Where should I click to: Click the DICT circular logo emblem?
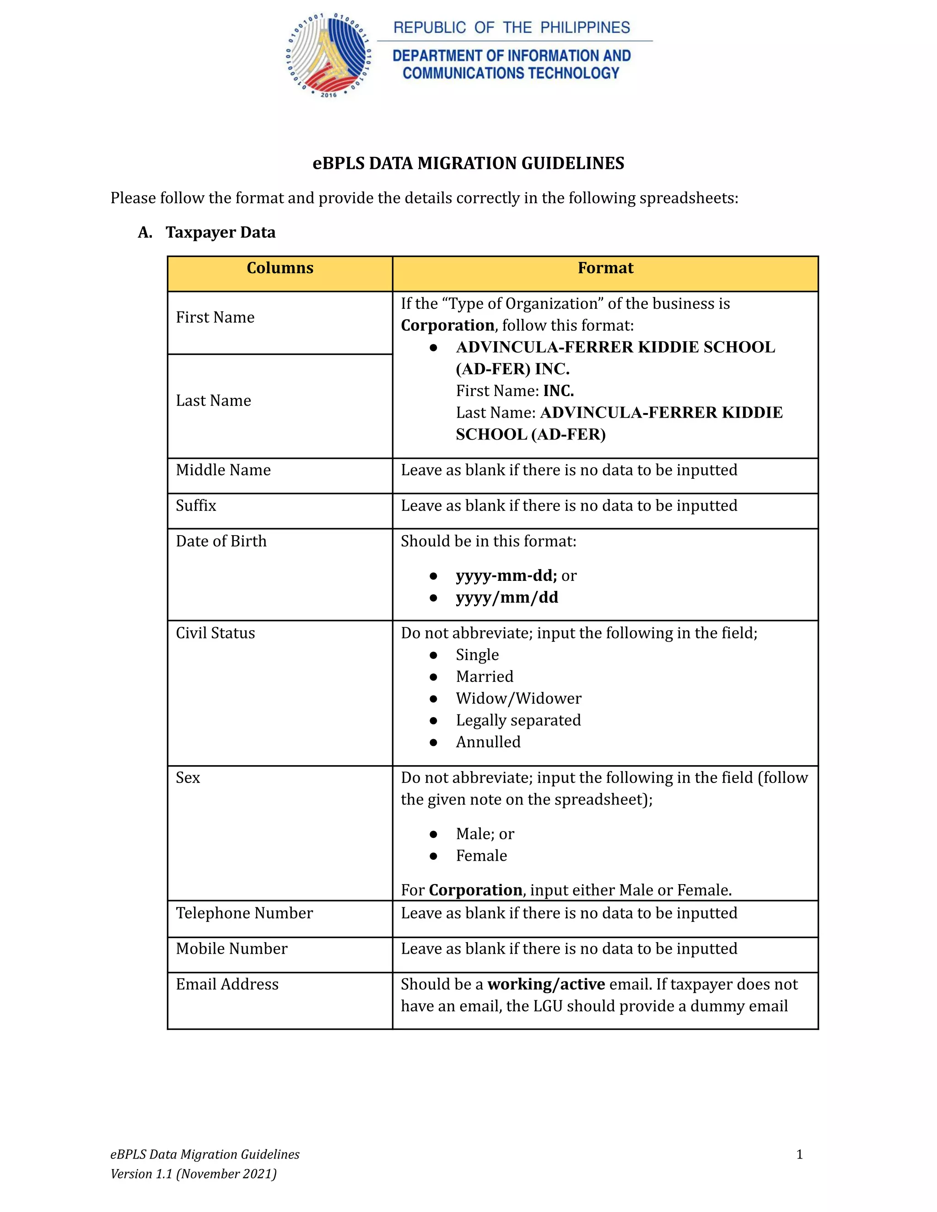pyautogui.click(x=328, y=55)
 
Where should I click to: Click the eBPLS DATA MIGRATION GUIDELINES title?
pyautogui.click(x=468, y=163)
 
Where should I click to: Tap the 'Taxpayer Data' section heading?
pyautogui.click(x=221, y=232)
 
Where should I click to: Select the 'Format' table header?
pyautogui.click(x=605, y=268)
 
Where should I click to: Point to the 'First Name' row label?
pyautogui.click(x=215, y=317)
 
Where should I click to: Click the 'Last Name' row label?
pyautogui.click(x=214, y=401)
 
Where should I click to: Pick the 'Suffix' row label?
pyautogui.click(x=196, y=505)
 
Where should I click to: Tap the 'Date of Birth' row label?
pyautogui.click(x=221, y=541)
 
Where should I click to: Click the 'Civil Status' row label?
pyautogui.click(x=215, y=633)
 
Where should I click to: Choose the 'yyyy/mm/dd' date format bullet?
pyautogui.click(x=507, y=598)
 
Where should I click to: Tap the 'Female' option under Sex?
pyautogui.click(x=481, y=856)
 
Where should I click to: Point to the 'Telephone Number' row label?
pyautogui.click(x=244, y=913)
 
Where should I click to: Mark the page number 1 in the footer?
pyautogui.click(x=799, y=1154)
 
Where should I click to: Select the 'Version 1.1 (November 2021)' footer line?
pyautogui.click(x=193, y=1174)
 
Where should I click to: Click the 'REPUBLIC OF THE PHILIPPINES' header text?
pyautogui.click(x=511, y=28)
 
